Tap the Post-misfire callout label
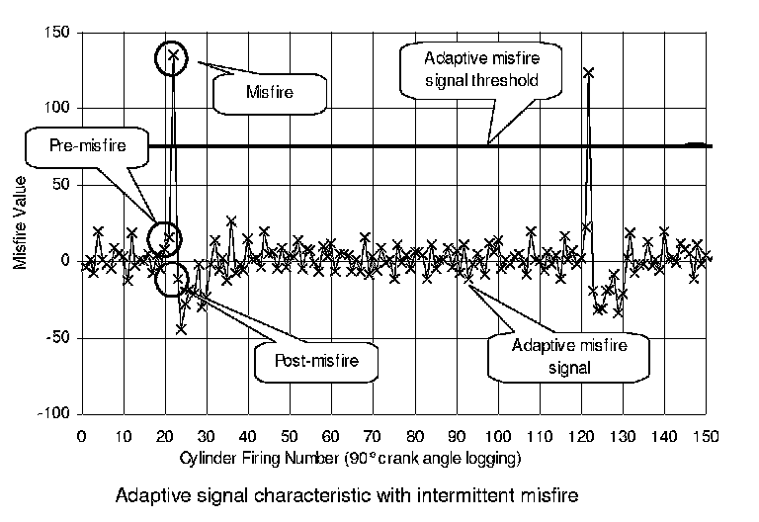[x=315, y=362]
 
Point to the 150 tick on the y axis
[x=57, y=33]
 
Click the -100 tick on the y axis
[x=53, y=412]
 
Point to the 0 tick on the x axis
[x=80, y=436]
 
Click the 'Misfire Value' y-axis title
[x=21, y=222]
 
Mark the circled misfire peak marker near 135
[x=173, y=55]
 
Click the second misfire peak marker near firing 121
[x=589, y=73]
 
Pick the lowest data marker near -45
[x=181, y=329]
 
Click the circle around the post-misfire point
[x=172, y=278]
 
